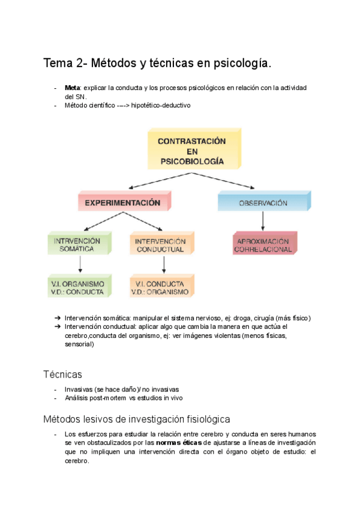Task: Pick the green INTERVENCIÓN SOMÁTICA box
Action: click(78, 245)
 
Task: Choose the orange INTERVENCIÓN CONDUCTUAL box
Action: click(160, 245)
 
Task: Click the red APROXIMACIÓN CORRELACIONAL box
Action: click(263, 245)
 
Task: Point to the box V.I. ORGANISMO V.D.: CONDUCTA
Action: click(78, 288)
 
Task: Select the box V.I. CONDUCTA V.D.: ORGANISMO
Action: click(160, 288)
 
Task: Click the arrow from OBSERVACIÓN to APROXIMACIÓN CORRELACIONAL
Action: click(263, 221)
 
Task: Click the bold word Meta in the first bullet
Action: click(72, 88)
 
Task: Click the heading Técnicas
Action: click(62, 375)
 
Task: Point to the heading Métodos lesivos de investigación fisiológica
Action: click(137, 418)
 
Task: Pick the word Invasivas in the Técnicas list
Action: click(79, 389)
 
